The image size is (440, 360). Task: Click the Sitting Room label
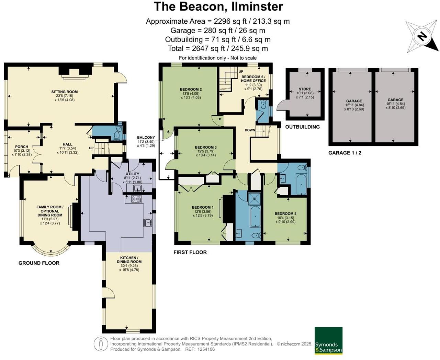pos(65,92)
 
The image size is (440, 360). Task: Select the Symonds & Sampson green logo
pos(328,340)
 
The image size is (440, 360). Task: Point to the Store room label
pos(305,89)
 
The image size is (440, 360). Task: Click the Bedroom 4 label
pos(285,214)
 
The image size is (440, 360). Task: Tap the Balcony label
pos(146,137)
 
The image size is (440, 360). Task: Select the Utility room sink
pos(137,188)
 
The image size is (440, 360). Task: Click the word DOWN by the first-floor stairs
pos(250,130)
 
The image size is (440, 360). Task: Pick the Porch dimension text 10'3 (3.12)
pos(22,151)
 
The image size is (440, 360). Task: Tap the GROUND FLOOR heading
pos(39,263)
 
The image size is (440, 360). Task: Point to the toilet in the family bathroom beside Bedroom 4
pos(302,167)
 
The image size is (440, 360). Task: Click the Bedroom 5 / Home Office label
pos(253,79)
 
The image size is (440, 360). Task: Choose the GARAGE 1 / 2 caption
pos(345,153)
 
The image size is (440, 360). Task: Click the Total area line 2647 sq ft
pos(218,49)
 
